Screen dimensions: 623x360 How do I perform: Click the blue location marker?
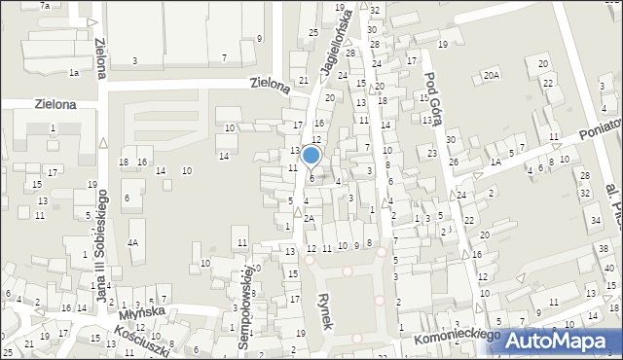coord(311,156)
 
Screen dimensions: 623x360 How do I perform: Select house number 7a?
coord(45,6)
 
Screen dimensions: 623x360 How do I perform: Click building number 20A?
coord(492,75)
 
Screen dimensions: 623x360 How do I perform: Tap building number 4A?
coord(134,243)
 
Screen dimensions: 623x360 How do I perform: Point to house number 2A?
coord(309,219)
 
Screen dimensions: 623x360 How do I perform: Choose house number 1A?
coord(495,162)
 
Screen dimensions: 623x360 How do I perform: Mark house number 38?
coord(603,251)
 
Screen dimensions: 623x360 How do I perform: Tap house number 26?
coord(452,162)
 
